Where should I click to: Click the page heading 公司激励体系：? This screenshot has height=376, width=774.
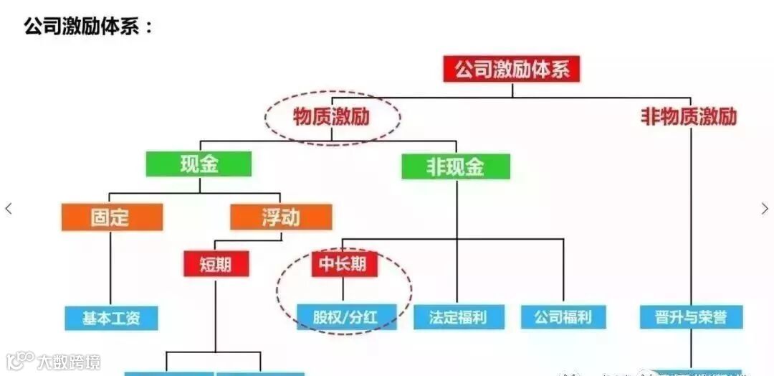pyautogui.click(x=88, y=27)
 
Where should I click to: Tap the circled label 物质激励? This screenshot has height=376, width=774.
pyautogui.click(x=331, y=117)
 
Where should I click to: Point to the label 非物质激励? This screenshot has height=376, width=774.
pyautogui.click(x=688, y=117)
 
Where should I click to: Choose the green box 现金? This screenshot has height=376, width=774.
pyautogui.click(x=199, y=164)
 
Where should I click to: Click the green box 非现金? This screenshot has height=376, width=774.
pyautogui.click(x=456, y=167)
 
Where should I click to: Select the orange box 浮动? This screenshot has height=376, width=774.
pyautogui.click(x=281, y=217)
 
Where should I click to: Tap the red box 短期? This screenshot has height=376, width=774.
pyautogui.click(x=216, y=264)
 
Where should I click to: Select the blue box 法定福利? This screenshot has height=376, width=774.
pyautogui.click(x=459, y=317)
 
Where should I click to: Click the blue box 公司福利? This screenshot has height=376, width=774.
pyautogui.click(x=563, y=317)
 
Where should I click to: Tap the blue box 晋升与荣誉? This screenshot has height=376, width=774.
pyautogui.click(x=691, y=317)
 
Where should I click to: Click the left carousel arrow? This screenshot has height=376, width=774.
pyautogui.click(x=9, y=209)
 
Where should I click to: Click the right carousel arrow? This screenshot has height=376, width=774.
pyautogui.click(x=765, y=209)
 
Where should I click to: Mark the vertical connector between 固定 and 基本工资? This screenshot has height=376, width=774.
pyautogui.click(x=110, y=268)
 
